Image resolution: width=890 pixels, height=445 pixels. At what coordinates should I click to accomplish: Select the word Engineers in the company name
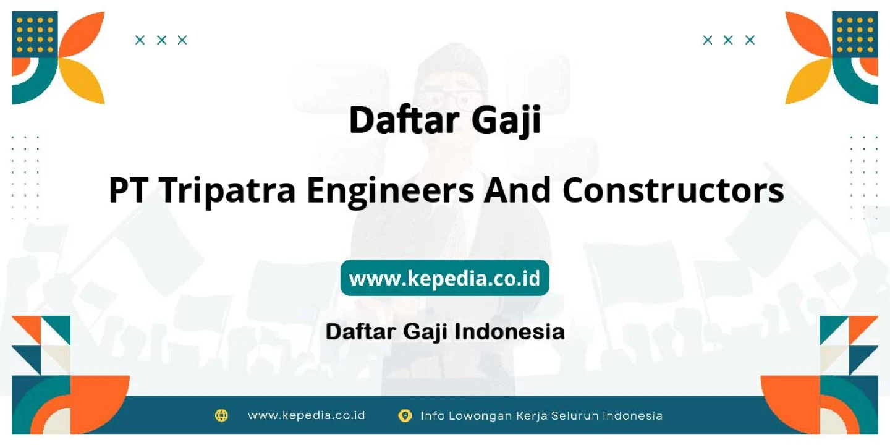point(391,192)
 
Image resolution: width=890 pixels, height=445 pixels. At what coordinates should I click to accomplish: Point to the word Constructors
point(673,190)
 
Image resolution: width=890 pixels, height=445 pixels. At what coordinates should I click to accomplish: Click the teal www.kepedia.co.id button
point(444,278)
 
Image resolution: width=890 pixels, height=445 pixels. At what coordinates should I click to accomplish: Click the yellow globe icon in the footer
point(221,415)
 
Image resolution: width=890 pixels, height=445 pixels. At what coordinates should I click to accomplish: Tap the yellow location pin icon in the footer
point(405,415)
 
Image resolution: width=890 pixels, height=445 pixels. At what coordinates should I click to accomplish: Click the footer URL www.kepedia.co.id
point(307,415)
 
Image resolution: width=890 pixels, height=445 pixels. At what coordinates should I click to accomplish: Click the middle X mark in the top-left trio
point(161,40)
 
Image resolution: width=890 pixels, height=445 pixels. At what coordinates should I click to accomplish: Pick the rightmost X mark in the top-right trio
point(750,40)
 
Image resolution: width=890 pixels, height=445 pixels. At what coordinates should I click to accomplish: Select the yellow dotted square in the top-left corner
point(35,35)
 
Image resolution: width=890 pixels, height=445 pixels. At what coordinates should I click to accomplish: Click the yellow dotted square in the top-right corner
point(855,35)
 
